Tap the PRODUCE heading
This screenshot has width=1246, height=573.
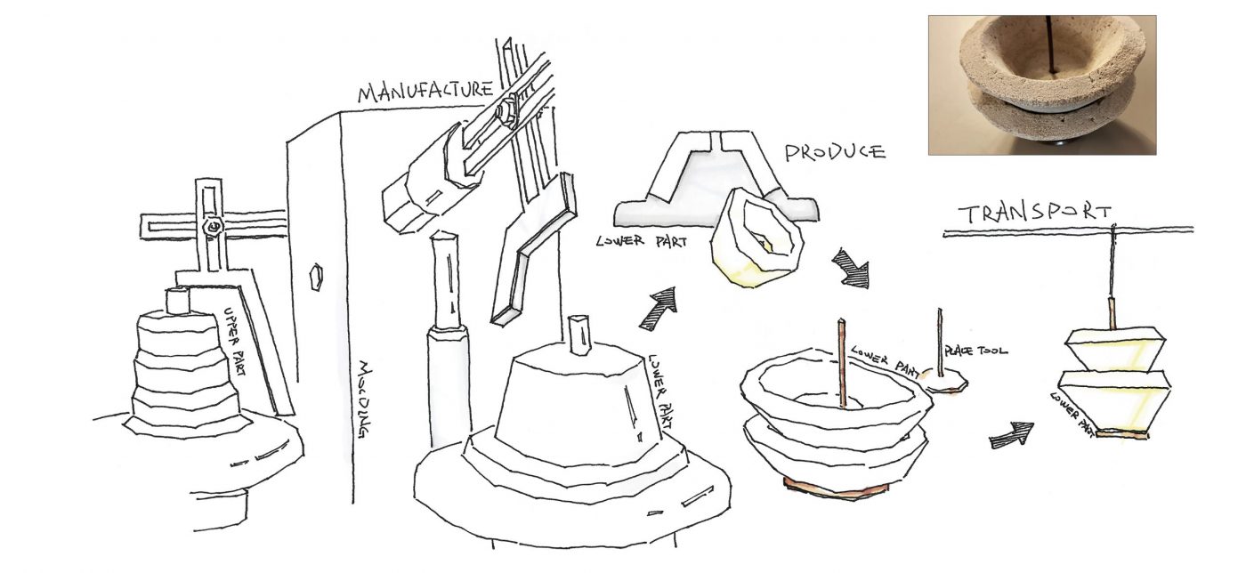834,151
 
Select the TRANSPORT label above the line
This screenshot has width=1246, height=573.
1033,214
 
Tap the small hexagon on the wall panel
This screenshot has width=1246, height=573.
313,276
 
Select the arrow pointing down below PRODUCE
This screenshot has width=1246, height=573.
849,268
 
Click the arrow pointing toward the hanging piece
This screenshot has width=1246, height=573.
1012,433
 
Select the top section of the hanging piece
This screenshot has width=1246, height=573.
1116,346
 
